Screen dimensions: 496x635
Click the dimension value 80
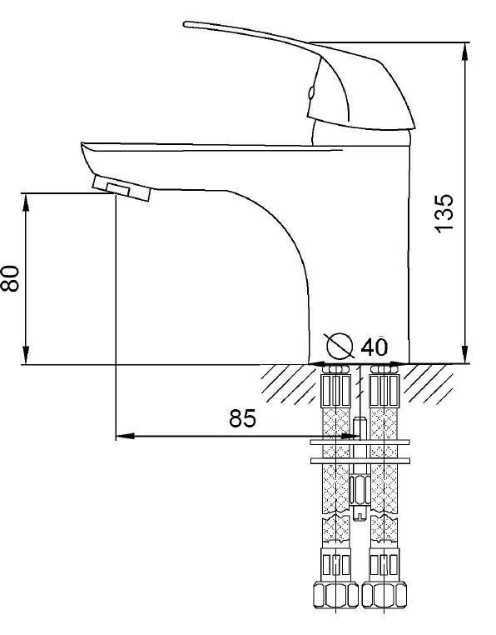pyautogui.click(x=9, y=278)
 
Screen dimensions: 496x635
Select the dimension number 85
pyautogui.click(x=242, y=418)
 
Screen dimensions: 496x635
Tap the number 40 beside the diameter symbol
pyautogui.click(x=374, y=347)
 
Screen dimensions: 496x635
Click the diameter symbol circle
pyautogui.click(x=340, y=346)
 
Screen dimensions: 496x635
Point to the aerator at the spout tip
pyautogui.click(x=122, y=188)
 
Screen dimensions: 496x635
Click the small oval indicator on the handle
pyautogui.click(x=310, y=93)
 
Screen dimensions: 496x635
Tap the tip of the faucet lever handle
pyautogui.click(x=186, y=24)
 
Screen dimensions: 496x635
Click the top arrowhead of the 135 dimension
pyautogui.click(x=466, y=52)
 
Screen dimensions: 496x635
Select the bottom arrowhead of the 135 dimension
pyautogui.click(x=466, y=354)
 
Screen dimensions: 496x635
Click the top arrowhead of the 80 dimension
pyautogui.click(x=26, y=202)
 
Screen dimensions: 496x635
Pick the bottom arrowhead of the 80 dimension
pyautogui.click(x=26, y=355)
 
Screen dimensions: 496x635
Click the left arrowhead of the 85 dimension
pyautogui.click(x=125, y=436)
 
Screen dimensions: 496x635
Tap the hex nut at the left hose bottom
pyautogui.click(x=336, y=594)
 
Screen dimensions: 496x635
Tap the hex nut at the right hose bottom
pyautogui.click(x=384, y=594)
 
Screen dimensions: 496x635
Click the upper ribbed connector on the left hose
pyautogui.click(x=335, y=390)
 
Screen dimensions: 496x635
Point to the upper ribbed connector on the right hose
pyautogui.click(x=384, y=390)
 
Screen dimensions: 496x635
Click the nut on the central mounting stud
pyautogui.click(x=360, y=489)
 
